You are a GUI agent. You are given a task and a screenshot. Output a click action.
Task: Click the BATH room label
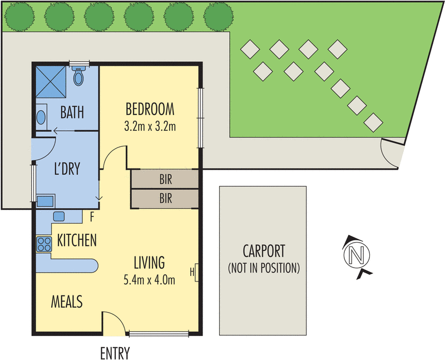click(x=72, y=113)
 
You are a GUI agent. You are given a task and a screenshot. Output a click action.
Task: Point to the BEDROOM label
click(x=150, y=108)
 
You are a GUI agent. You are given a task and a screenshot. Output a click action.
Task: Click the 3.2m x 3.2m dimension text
click(x=150, y=126)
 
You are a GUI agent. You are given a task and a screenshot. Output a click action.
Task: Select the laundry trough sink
click(x=45, y=200)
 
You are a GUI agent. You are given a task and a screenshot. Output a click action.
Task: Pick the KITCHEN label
click(x=77, y=240)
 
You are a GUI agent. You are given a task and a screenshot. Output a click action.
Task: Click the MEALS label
click(x=67, y=302)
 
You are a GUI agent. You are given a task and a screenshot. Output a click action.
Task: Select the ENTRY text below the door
click(x=115, y=353)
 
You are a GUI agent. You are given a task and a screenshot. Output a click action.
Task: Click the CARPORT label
click(x=264, y=250)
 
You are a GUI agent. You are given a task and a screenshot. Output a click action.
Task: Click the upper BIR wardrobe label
click(x=165, y=179)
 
